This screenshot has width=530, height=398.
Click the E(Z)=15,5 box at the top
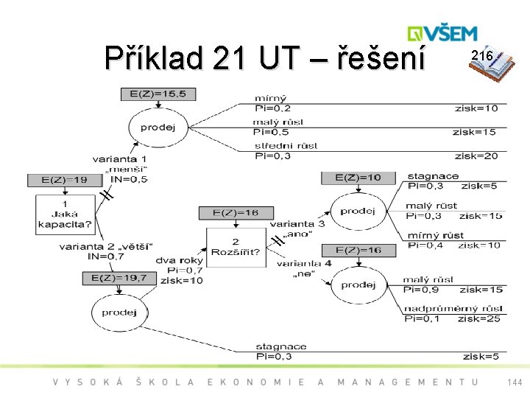pos(158,94)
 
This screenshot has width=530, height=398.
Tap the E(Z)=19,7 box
pos(119,278)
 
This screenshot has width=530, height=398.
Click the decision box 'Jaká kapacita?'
pos(66,214)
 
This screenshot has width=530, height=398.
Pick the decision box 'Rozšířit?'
pos(235,247)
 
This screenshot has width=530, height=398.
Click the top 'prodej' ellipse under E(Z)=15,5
pos(158,127)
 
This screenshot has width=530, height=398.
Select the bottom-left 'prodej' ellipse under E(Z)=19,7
pos(119,313)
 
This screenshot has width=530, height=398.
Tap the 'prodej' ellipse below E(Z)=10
pos(358,212)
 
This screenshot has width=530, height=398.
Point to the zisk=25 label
pos(478,318)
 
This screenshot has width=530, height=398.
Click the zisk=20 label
pos(476,156)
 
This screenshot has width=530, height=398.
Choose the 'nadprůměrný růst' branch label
pos(453,308)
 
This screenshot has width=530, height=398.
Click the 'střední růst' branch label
pos(286,145)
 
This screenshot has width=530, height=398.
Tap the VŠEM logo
pos(442,33)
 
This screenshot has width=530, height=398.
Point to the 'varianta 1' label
pos(119,158)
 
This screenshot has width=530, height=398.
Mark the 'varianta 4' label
pos(304,263)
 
